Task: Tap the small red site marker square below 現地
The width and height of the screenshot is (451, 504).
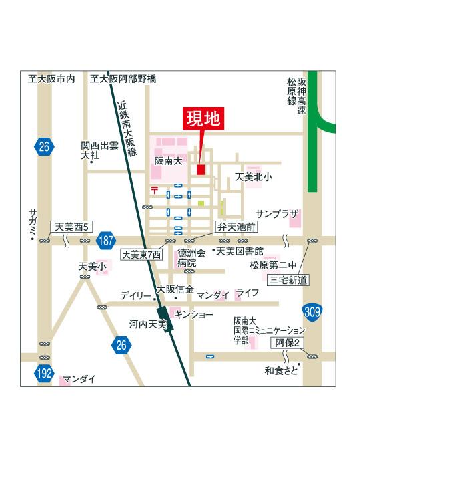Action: (x=201, y=170)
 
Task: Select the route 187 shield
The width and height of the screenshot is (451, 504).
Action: (x=105, y=241)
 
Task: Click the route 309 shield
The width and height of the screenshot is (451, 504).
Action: (x=311, y=311)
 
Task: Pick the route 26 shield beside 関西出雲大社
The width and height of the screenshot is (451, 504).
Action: (x=44, y=146)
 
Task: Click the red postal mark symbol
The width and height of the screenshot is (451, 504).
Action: (x=155, y=191)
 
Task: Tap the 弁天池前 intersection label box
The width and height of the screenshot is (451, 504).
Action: (x=236, y=227)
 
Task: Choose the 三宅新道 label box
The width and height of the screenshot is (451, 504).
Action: (x=288, y=280)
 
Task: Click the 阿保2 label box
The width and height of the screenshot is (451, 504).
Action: (x=288, y=343)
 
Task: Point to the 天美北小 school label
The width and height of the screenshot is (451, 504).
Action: (x=253, y=178)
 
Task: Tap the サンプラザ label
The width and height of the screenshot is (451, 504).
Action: (x=276, y=213)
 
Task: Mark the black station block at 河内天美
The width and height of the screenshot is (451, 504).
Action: (x=165, y=320)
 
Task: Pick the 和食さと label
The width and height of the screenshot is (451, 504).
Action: (x=281, y=370)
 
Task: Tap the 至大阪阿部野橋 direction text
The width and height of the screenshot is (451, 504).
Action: (x=123, y=79)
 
